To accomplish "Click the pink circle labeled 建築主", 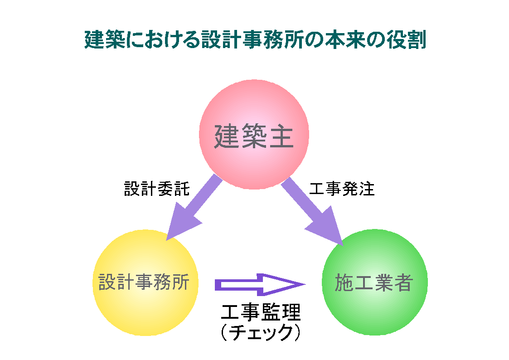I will tap(254, 113).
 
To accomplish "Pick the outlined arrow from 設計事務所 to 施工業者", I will tap(258, 284).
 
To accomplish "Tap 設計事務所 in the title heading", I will tap(249, 40).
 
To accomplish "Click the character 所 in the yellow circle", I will tap(189, 282).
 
